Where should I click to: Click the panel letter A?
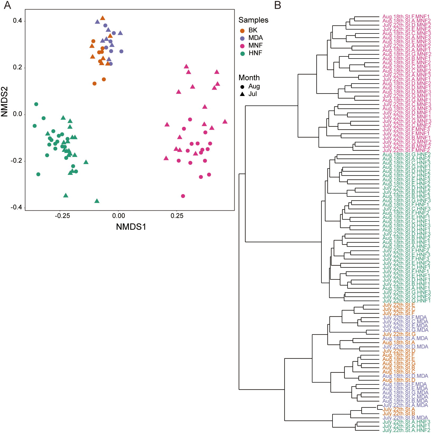click(7, 5)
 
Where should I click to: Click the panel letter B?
click(278, 5)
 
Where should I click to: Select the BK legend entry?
click(253, 30)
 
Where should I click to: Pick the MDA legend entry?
click(255, 38)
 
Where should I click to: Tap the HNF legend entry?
click(255, 53)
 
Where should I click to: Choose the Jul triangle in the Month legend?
click(242, 94)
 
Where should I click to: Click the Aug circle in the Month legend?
click(242, 87)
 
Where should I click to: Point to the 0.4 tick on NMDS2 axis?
click(17, 21)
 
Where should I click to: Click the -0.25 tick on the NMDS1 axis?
click(62, 216)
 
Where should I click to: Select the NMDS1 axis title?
click(131, 227)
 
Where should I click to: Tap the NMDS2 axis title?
click(4, 102)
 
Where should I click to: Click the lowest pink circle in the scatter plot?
click(183, 196)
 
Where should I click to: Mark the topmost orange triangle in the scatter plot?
click(103, 18)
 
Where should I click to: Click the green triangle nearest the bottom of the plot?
click(97, 201)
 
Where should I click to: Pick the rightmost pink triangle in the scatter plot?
click(225, 122)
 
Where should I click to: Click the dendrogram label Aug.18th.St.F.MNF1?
click(406, 17)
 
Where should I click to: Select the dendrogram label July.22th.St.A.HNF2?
click(406, 430)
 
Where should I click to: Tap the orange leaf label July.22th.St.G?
click(399, 334)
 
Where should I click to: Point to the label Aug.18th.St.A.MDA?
click(405, 338)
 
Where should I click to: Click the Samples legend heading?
click(253, 20)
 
